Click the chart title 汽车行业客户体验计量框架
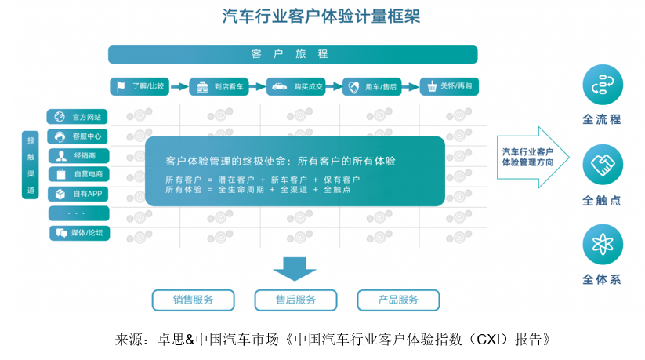pyautogui.click(x=321, y=16)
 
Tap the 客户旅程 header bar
pyautogui.click(x=293, y=54)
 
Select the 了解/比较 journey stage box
pyautogui.click(x=140, y=86)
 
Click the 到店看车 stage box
pyautogui.click(x=219, y=86)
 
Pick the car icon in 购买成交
pyautogui.click(x=279, y=86)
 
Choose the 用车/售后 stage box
pyautogui.click(x=371, y=86)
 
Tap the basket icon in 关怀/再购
pyautogui.click(x=432, y=86)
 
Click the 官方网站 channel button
pyautogui.click(x=77, y=117)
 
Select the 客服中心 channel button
pyautogui.click(x=78, y=136)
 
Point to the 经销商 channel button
pyautogui.click(x=78, y=156)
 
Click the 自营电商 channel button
pyautogui.click(x=78, y=174)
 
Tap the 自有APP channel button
pyautogui.click(x=78, y=194)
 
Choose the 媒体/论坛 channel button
pyautogui.click(x=79, y=233)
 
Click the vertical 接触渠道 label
pyautogui.click(x=31, y=165)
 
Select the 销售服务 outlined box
pyautogui.click(x=194, y=300)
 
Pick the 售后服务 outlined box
pyautogui.click(x=295, y=300)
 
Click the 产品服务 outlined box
pyautogui.click(x=398, y=300)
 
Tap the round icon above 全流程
pyautogui.click(x=603, y=85)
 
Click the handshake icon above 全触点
pyautogui.click(x=603, y=165)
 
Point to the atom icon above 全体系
pyautogui.click(x=603, y=245)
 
